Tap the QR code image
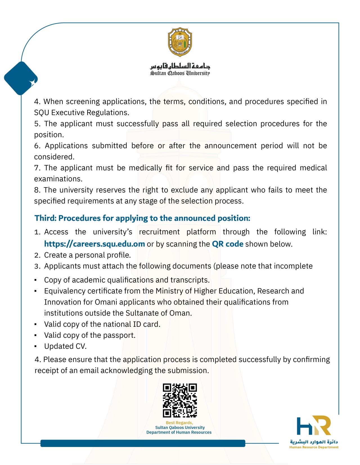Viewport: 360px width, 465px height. (x=180, y=400)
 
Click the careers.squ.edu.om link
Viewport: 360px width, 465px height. (x=94, y=244)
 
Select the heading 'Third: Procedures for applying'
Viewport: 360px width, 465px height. (x=142, y=218)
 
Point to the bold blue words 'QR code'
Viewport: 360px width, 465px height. (x=228, y=244)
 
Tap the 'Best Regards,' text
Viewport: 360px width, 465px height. (x=179, y=422)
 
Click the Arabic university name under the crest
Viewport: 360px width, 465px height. (x=180, y=66)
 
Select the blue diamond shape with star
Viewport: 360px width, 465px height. (x=21, y=78)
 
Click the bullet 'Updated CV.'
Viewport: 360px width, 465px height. (x=65, y=346)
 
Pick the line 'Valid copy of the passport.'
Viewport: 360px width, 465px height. (x=90, y=335)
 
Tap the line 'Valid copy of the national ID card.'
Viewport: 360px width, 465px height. (x=102, y=324)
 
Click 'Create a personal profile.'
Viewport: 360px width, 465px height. (x=87, y=255)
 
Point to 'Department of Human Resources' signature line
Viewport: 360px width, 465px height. (x=179, y=432)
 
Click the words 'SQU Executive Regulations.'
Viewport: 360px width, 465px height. (x=82, y=113)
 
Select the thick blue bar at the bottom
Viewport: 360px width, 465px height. (x=143, y=443)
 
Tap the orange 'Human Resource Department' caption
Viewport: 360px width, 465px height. (x=314, y=447)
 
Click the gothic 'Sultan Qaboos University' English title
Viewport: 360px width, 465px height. (x=180, y=73)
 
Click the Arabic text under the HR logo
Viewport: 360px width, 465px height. (x=314, y=442)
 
